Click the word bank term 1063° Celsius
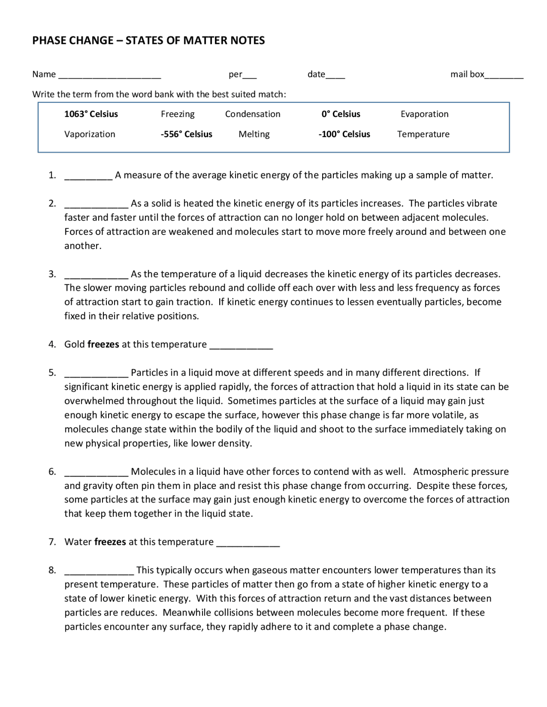point(91,114)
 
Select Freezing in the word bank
point(177,114)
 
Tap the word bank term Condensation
point(253,114)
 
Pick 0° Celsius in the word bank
point(341,114)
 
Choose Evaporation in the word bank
point(424,114)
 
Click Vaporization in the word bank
point(90,134)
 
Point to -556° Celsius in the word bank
point(186,134)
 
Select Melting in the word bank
point(254,134)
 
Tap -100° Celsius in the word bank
point(344,134)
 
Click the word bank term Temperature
point(423,134)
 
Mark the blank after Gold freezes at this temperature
point(241,347)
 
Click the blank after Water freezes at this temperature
point(248,545)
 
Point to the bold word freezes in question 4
point(103,344)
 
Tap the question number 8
point(52,570)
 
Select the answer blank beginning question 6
point(96,474)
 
